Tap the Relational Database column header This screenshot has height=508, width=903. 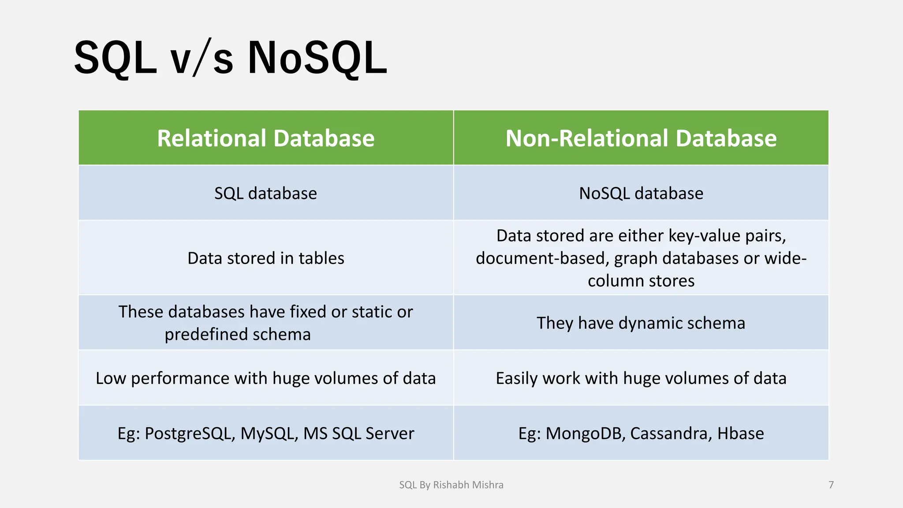point(266,138)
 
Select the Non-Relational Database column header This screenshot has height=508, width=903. point(641,138)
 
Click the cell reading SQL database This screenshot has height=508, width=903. point(265,194)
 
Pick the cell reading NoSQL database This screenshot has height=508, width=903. point(641,194)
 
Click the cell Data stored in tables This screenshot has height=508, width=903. point(265,258)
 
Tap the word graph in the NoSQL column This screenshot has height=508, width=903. point(636,258)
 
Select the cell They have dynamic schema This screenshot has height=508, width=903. point(641,323)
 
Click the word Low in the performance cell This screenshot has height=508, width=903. point(110,378)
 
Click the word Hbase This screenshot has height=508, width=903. point(740,434)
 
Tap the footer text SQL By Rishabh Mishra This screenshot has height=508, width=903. point(451,485)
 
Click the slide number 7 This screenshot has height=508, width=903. point(831,485)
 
